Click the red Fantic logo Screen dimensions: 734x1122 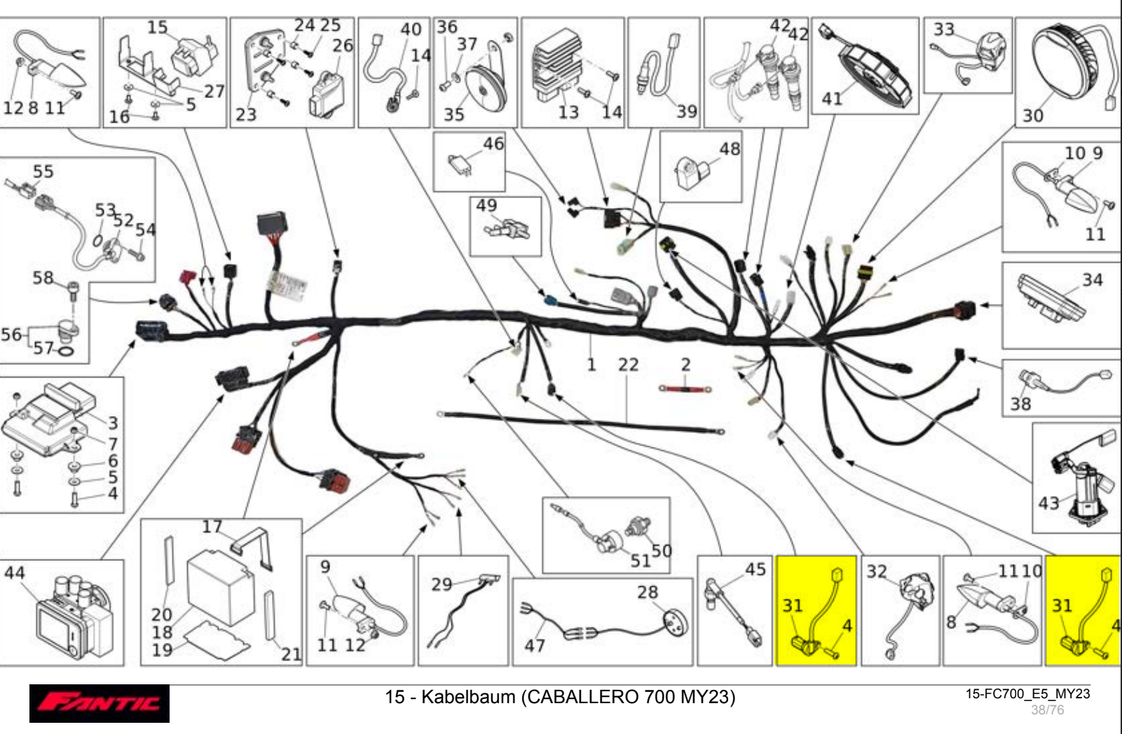tap(99, 702)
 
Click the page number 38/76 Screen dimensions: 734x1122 tap(1047, 710)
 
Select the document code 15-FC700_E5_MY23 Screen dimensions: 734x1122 tap(1027, 694)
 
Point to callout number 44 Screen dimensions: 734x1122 tap(15, 573)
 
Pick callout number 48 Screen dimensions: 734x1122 tap(729, 149)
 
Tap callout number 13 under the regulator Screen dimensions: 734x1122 tap(568, 112)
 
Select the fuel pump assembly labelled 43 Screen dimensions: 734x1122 tap(1083, 483)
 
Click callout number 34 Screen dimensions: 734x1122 tap(1092, 280)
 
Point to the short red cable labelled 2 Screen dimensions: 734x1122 tap(685, 387)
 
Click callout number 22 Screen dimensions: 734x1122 tap(627, 365)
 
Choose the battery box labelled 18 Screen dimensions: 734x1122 tap(221, 587)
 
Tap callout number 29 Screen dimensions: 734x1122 tap(442, 583)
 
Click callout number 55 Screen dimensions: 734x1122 tap(43, 172)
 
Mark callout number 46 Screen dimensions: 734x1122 tap(493, 144)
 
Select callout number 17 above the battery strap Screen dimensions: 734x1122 tap(212, 526)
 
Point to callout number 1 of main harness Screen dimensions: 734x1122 tap(591, 364)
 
